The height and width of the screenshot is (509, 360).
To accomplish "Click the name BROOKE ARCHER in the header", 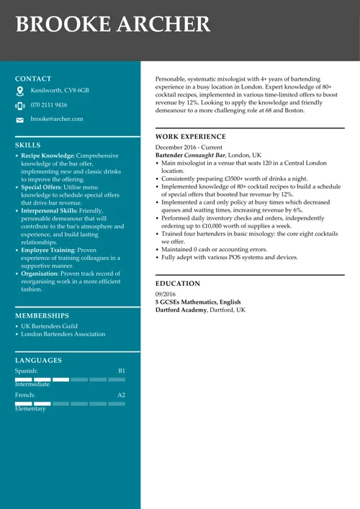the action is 113,24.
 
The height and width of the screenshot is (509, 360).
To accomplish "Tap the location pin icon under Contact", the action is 19,91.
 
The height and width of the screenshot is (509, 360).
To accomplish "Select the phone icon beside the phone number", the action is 19,106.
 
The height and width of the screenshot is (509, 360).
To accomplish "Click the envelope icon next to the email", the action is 19,120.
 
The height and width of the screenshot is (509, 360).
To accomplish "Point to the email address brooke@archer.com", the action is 57,119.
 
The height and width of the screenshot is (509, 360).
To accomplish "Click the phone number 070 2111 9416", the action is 49,105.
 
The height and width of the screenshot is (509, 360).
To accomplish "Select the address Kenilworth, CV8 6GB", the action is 60,91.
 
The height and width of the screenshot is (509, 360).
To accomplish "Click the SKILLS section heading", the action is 28,145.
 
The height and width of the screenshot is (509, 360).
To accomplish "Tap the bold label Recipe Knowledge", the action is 48,156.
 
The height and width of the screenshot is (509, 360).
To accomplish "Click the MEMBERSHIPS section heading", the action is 42,315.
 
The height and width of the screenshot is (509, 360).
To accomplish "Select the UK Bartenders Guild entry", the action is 50,326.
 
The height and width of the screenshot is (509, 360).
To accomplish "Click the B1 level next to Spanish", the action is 122,371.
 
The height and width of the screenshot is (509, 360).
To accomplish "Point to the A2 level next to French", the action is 122,395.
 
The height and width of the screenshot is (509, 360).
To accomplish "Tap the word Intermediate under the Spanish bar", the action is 32,384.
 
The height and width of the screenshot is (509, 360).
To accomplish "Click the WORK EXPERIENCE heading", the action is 191,137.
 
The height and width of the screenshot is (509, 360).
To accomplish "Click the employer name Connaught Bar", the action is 204,155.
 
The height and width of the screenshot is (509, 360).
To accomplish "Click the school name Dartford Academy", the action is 181,310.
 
